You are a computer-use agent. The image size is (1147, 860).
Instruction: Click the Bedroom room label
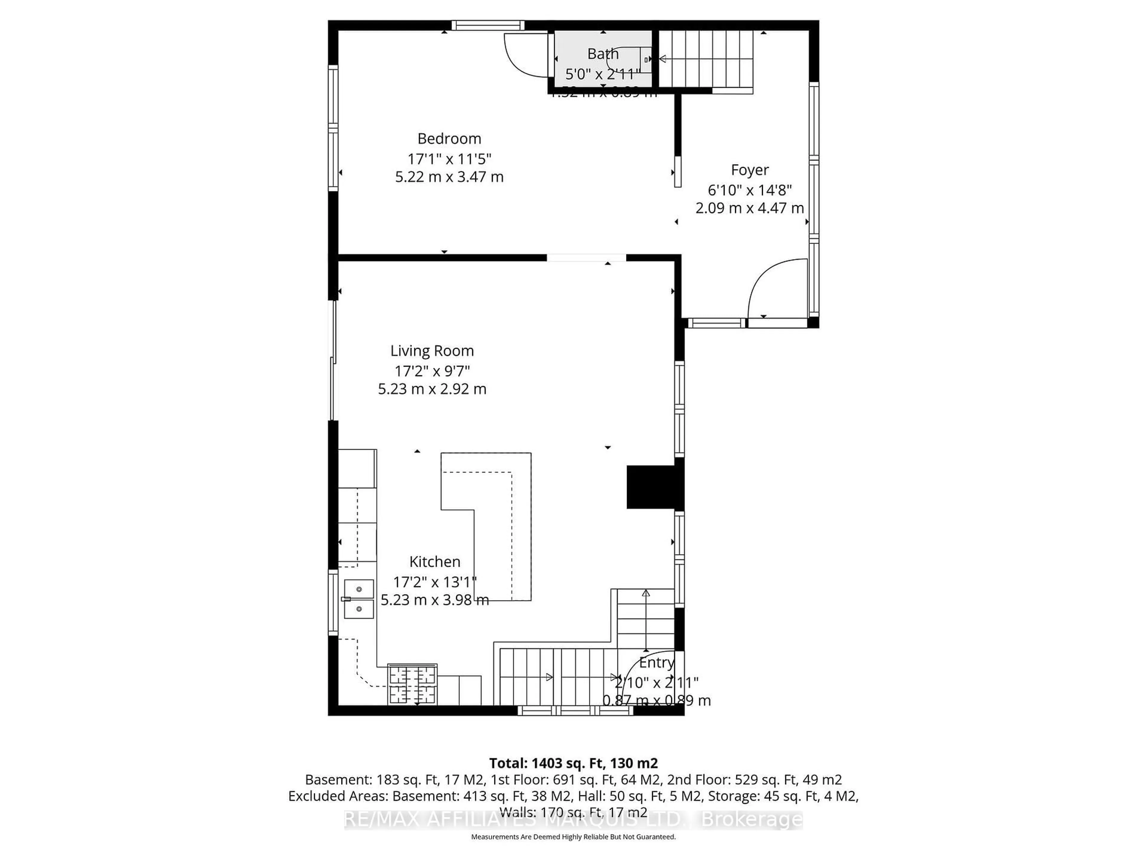point(449,139)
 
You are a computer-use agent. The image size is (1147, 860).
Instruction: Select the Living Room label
point(432,351)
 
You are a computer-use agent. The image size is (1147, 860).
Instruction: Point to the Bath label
point(602,54)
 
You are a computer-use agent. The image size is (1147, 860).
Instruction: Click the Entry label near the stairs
point(657,663)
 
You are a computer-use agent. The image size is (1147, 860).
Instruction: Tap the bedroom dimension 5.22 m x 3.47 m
point(449,177)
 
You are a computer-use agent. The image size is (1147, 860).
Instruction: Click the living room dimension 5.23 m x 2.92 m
point(432,389)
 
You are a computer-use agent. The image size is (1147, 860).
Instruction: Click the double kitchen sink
point(359,599)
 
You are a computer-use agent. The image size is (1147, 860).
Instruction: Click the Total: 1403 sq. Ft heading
point(573,763)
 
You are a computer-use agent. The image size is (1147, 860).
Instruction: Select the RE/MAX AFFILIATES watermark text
point(573,820)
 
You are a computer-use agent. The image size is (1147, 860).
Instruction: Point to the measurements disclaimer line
point(573,837)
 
